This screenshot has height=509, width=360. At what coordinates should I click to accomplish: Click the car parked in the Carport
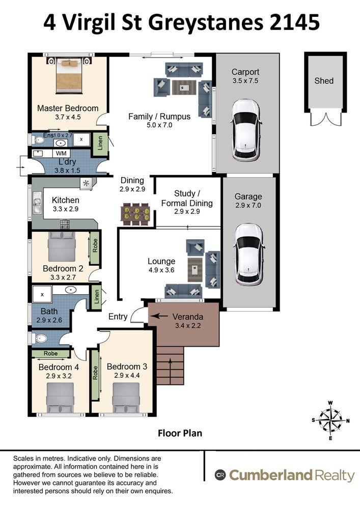(x=246, y=130)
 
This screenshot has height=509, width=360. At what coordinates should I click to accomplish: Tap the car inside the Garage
(x=248, y=254)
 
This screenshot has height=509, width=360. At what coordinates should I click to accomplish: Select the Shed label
(x=324, y=80)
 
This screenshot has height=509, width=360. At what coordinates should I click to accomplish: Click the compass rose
(x=330, y=421)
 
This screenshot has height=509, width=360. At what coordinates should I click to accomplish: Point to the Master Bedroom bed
(x=68, y=75)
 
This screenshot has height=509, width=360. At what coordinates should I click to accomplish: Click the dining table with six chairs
(x=135, y=214)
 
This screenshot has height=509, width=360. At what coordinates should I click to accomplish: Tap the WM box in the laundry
(x=61, y=153)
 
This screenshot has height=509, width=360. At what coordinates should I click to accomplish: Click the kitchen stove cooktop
(x=65, y=224)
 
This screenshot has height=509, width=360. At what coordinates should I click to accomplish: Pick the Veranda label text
(x=187, y=317)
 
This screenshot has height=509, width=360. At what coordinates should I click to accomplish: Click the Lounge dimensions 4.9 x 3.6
(x=161, y=270)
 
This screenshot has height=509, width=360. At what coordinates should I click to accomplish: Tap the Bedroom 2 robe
(x=95, y=247)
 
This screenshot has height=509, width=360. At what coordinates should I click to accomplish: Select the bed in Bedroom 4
(x=60, y=398)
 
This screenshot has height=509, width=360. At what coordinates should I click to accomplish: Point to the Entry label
(x=118, y=317)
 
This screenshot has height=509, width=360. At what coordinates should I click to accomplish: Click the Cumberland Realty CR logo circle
(x=220, y=475)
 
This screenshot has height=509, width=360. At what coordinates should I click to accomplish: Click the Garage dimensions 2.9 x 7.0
(x=248, y=205)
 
